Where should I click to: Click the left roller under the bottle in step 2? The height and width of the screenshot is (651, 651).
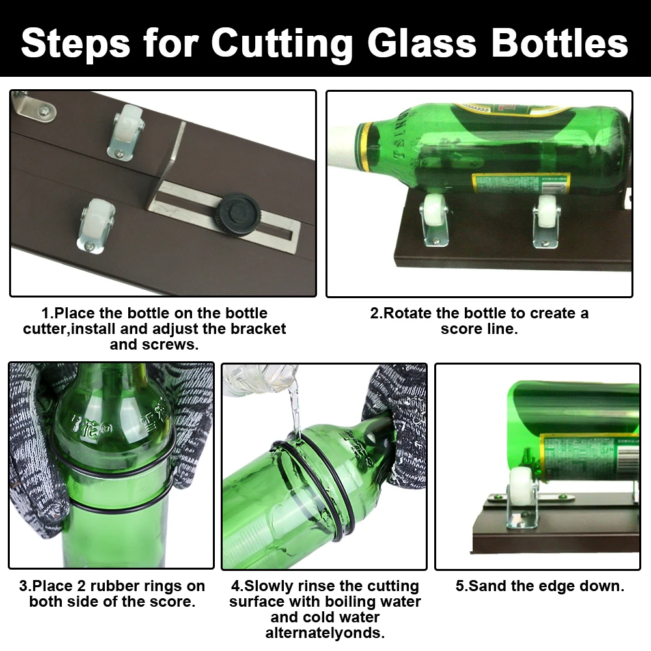pyautogui.click(x=433, y=215)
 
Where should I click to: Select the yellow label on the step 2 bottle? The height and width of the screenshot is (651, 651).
pyautogui.click(x=521, y=182)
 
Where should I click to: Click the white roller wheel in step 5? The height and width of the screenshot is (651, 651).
pyautogui.click(x=521, y=485)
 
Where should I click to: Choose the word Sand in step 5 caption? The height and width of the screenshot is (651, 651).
pyautogui.click(x=484, y=586)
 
